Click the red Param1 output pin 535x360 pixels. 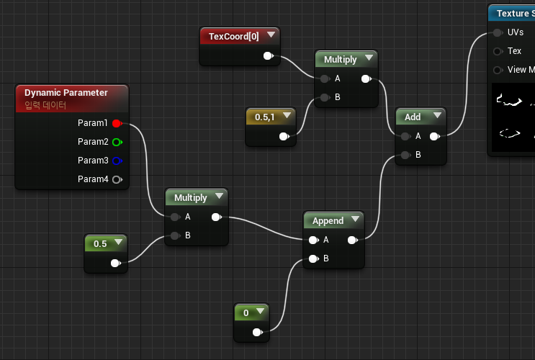(117, 123)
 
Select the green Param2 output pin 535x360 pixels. (117, 142)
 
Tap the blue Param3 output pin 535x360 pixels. (117, 161)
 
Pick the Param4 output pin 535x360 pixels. (117, 179)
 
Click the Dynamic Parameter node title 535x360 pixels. (66, 92)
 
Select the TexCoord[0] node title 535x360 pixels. (233, 35)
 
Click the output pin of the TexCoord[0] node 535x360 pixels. (268, 55)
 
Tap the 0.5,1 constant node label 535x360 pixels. (266, 116)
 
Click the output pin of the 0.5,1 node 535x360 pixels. (284, 136)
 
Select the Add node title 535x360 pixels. (413, 117)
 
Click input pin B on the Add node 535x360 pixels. (406, 154)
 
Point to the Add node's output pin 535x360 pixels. (434, 135)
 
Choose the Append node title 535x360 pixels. (328, 220)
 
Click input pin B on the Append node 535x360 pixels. (313, 258)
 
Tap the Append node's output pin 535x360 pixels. (352, 240)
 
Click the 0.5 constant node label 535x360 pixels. (100, 243)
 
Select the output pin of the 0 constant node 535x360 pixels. (256, 332)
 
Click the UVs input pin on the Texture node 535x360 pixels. (497, 32)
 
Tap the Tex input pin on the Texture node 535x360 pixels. (497, 51)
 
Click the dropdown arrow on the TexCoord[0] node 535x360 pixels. (271, 35)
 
